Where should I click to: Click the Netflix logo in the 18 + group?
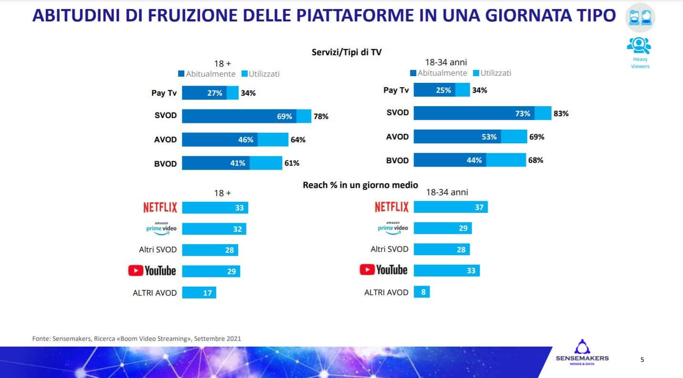(160, 208)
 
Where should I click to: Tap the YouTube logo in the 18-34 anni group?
(383, 270)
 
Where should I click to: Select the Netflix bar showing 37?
(450, 207)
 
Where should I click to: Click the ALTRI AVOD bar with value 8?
(422, 292)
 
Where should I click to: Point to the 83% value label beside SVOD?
(561, 114)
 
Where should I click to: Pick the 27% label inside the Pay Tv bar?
(214, 93)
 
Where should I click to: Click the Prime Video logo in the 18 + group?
(161, 228)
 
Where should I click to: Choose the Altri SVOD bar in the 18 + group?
(210, 250)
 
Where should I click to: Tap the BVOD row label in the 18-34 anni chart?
(397, 160)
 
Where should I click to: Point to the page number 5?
(642, 359)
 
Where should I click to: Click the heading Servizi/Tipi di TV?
(346, 52)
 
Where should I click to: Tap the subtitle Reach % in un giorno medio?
(360, 185)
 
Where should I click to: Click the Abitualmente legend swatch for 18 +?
(181, 74)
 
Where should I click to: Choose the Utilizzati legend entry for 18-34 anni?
(492, 73)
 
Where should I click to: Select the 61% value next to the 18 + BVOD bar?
(292, 163)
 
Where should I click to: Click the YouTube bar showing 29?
(211, 271)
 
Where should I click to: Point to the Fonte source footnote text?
(137, 339)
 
